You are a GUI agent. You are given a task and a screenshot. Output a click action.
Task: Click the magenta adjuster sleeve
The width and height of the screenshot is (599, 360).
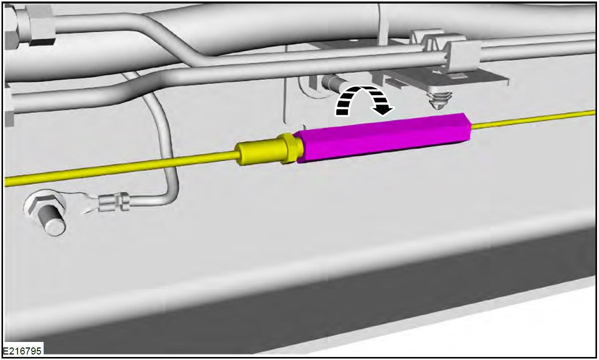384,137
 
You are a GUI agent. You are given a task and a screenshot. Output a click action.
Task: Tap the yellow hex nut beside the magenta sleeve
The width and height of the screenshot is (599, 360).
290,148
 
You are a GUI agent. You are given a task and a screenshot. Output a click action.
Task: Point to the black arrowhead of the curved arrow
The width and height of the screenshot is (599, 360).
383,109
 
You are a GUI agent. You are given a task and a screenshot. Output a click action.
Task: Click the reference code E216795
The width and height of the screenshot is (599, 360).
22,350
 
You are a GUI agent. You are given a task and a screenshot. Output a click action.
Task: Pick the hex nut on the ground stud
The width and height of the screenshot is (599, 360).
43,205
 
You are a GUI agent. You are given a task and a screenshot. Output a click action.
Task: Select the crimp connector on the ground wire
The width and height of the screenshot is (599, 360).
115,202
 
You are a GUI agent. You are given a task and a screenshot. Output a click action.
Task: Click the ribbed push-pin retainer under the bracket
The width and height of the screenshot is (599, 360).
439,100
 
